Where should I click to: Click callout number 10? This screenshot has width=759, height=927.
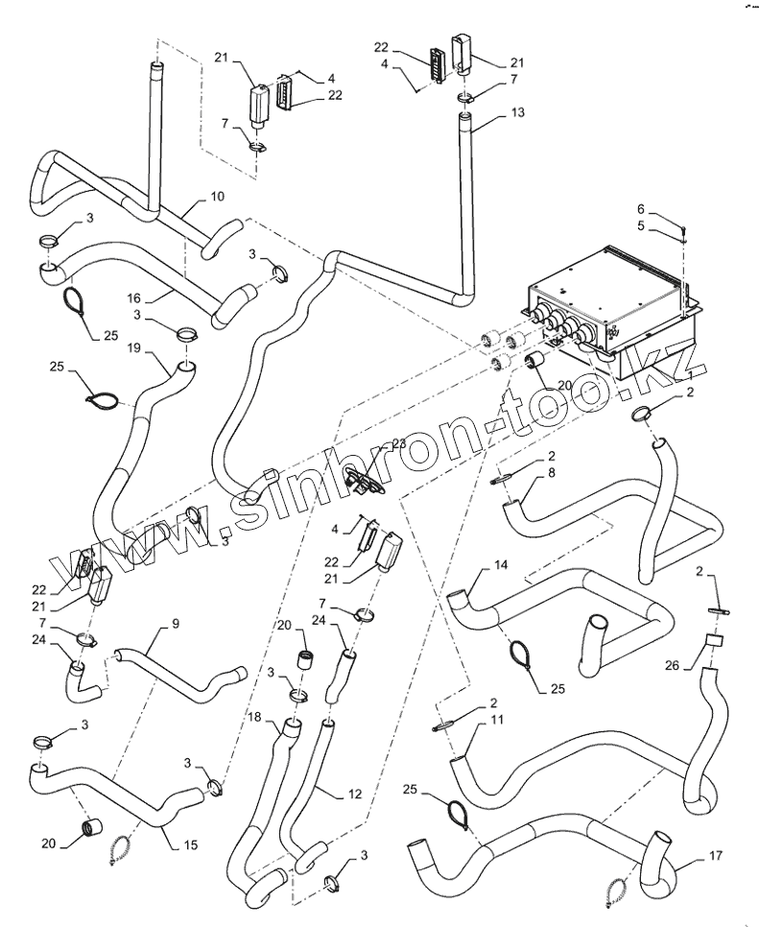[218, 196]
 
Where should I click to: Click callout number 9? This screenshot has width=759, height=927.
[176, 623]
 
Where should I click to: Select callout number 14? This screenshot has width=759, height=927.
[500, 566]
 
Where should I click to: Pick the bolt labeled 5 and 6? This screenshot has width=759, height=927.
[682, 233]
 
